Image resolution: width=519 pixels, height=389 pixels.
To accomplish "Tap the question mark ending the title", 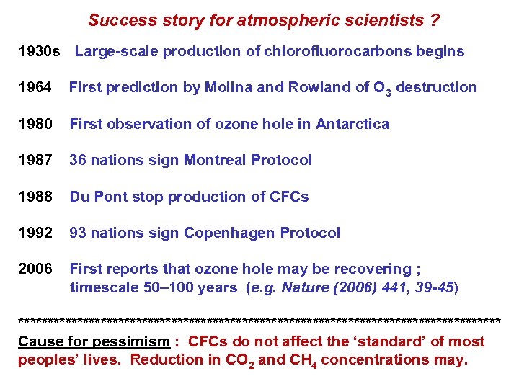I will pos(434,20).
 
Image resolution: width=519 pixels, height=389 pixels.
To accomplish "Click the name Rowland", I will pos(313,88).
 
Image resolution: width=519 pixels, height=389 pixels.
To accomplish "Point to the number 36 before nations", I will pos(78,160).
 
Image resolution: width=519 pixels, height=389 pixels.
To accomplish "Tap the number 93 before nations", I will pos(78,233).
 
